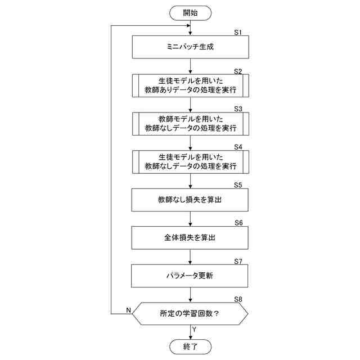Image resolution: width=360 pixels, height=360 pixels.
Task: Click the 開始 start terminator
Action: coord(190,12)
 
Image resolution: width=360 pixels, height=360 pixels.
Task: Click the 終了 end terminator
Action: coord(190,346)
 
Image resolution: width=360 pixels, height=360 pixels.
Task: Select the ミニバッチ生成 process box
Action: coord(190,47)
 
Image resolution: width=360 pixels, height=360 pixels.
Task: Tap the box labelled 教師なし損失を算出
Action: coord(190,199)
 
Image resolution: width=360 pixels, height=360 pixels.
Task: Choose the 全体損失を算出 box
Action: coord(190,237)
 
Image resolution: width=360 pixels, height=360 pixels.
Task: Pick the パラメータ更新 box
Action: coord(190,276)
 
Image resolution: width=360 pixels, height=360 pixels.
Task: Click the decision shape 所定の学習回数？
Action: coord(190,314)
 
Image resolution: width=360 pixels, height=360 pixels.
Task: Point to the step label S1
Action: coord(238,33)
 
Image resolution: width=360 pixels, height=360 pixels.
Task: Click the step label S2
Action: coord(238,71)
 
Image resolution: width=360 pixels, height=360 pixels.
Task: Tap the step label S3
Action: coord(238,109)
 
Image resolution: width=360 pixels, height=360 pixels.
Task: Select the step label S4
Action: coord(238,147)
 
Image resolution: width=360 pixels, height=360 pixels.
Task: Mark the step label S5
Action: coord(238,185)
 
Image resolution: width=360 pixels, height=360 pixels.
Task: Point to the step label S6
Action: coord(238,223)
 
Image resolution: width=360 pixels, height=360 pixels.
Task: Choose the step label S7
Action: coord(238,262)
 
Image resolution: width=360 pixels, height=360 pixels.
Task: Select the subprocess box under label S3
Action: coord(190,123)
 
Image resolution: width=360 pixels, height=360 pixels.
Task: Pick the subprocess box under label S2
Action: coord(190,85)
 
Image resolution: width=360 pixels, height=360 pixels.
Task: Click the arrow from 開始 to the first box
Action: coord(190,28)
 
